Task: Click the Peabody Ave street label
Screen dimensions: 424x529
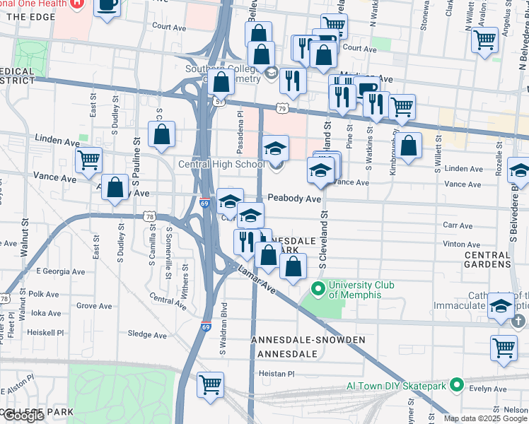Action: tap(293, 200)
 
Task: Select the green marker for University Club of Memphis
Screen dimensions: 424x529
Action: tap(318, 288)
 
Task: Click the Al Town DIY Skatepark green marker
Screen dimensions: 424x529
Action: tap(457, 386)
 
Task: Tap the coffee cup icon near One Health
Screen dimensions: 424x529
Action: tap(107, 6)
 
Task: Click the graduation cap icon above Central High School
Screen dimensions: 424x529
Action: tap(276, 148)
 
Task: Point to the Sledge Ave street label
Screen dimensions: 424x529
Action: tap(146, 334)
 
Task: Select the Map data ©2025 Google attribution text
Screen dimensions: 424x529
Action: tap(485, 418)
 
